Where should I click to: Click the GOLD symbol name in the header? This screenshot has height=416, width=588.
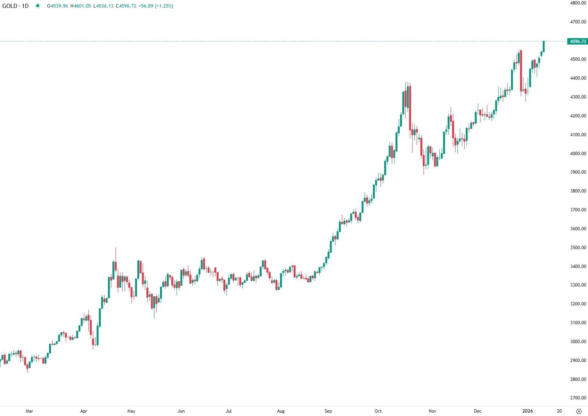9,6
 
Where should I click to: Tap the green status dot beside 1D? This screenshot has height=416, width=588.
37,6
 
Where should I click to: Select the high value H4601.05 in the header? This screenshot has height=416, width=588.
80,6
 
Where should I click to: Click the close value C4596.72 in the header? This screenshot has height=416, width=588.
126,6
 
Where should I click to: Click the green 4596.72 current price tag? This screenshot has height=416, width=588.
577,42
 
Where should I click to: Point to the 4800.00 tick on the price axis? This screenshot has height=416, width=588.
578,3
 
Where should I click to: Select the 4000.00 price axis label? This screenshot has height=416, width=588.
578,154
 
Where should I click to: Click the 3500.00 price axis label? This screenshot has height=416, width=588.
578,248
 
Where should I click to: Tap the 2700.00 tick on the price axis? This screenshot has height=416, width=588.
578,398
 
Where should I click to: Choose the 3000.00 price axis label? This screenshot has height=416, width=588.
578,342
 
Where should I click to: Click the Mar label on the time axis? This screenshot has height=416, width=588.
29,411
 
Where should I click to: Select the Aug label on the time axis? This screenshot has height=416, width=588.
281,411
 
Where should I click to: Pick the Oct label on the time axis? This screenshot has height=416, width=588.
378,411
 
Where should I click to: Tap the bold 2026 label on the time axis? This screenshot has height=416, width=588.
527,411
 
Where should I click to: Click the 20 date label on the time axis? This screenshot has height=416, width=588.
559,411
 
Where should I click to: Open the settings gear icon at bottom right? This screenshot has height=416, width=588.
579,411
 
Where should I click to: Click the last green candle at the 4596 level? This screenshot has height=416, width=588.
543,46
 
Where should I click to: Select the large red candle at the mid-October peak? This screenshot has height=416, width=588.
410,108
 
